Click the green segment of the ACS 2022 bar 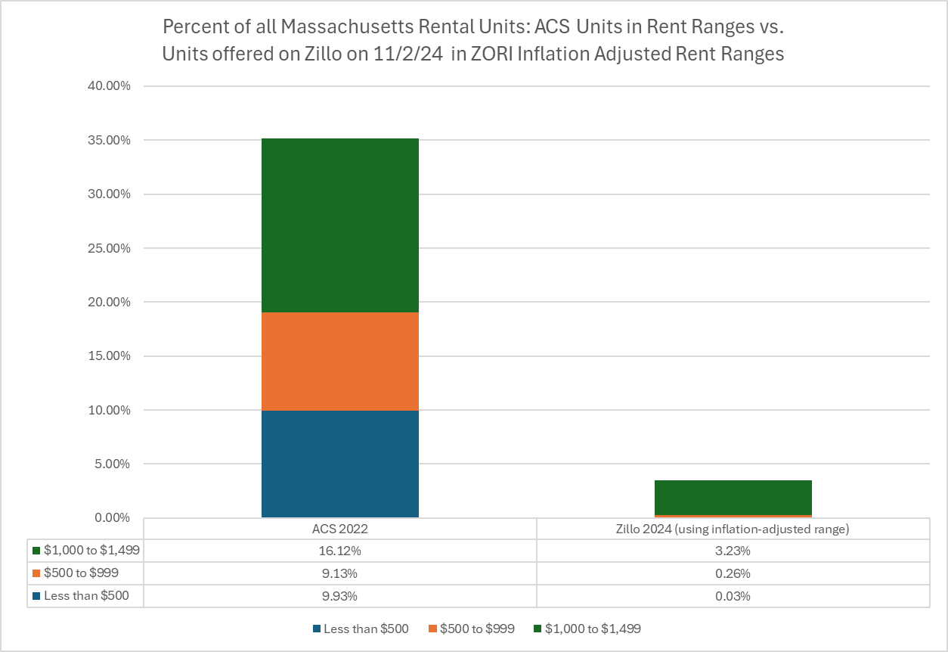[x=339, y=225]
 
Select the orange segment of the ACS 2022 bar [x=339, y=362]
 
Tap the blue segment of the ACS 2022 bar [x=339, y=464]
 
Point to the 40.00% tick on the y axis [x=110, y=86]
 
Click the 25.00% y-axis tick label [x=110, y=248]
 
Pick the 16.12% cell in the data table [x=339, y=551]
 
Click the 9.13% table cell [x=339, y=573]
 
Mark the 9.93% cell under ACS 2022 [x=339, y=596]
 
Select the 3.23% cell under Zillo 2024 [x=733, y=551]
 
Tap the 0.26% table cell [x=733, y=573]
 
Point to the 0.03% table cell [x=733, y=596]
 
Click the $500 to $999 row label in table [x=81, y=573]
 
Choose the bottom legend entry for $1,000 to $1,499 [x=587, y=629]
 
